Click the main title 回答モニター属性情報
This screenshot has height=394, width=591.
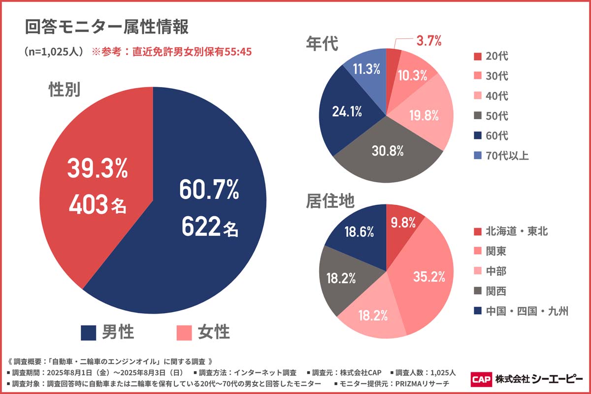pyautogui.click(x=106, y=27)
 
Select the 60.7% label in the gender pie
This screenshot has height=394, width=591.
pyautogui.click(x=209, y=190)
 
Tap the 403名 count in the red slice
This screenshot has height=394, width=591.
pyautogui.click(x=98, y=206)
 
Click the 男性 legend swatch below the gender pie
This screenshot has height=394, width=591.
pyautogui.click(x=88, y=332)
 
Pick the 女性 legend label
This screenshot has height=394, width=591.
pyautogui.click(x=214, y=332)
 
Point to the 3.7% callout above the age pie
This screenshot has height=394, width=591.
pyautogui.click(x=428, y=41)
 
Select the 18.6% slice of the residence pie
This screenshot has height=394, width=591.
pyautogui.click(x=357, y=232)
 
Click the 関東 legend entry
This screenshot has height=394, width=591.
pyautogui.click(x=495, y=251)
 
